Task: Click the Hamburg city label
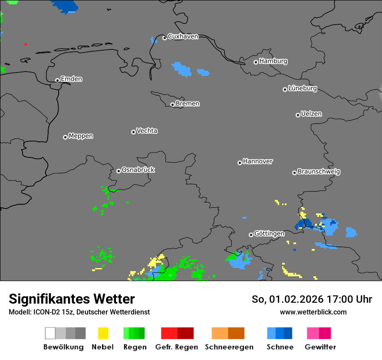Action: (x=273, y=61)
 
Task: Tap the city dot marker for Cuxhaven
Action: (x=165, y=38)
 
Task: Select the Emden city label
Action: (x=71, y=79)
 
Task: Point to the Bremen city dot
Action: (x=172, y=105)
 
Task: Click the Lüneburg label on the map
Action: (x=302, y=88)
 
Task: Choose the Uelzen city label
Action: (x=311, y=114)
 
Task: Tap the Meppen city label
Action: (x=81, y=136)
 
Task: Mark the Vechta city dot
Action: (x=133, y=132)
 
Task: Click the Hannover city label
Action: (x=258, y=161)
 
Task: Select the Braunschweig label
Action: (x=319, y=171)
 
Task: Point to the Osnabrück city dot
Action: (x=119, y=171)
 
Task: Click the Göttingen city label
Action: (x=269, y=233)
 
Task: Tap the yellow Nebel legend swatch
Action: (x=103, y=333)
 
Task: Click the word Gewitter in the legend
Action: (x=320, y=347)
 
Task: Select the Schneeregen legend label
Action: (x=229, y=347)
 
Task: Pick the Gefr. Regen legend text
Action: (x=177, y=347)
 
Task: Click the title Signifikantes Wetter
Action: (x=72, y=299)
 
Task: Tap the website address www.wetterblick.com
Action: (x=313, y=312)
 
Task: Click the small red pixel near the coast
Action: (x=25, y=44)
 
